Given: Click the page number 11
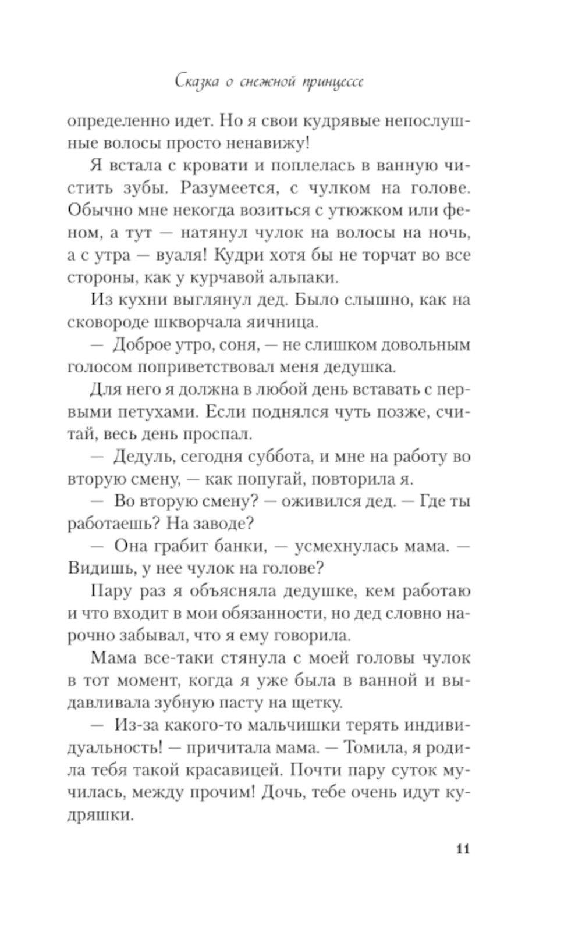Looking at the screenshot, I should (463, 849).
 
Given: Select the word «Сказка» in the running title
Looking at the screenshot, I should (197, 81).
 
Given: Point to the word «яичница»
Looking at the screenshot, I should (284, 322).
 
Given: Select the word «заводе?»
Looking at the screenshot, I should (222, 524).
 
